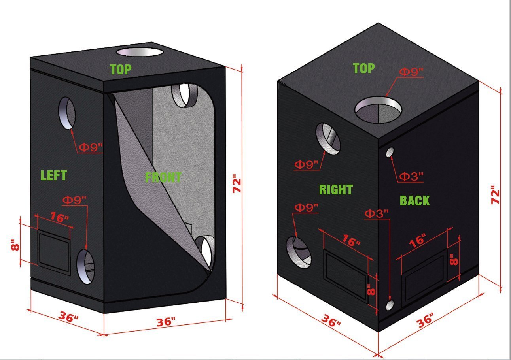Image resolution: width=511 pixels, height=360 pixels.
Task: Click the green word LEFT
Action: click(54, 175)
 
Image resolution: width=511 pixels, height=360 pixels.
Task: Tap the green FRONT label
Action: click(163, 177)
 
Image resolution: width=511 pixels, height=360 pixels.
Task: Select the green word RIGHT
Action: click(335, 190)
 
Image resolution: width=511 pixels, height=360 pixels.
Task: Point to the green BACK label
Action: click(414, 201)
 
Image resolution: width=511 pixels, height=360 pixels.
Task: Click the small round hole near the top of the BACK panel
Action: click(390, 152)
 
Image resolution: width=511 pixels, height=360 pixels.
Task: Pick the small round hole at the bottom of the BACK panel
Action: click(390, 305)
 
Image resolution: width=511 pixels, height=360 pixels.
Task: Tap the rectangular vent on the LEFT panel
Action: click(54, 253)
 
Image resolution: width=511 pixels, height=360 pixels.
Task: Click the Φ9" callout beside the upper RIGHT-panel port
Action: click(306, 164)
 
